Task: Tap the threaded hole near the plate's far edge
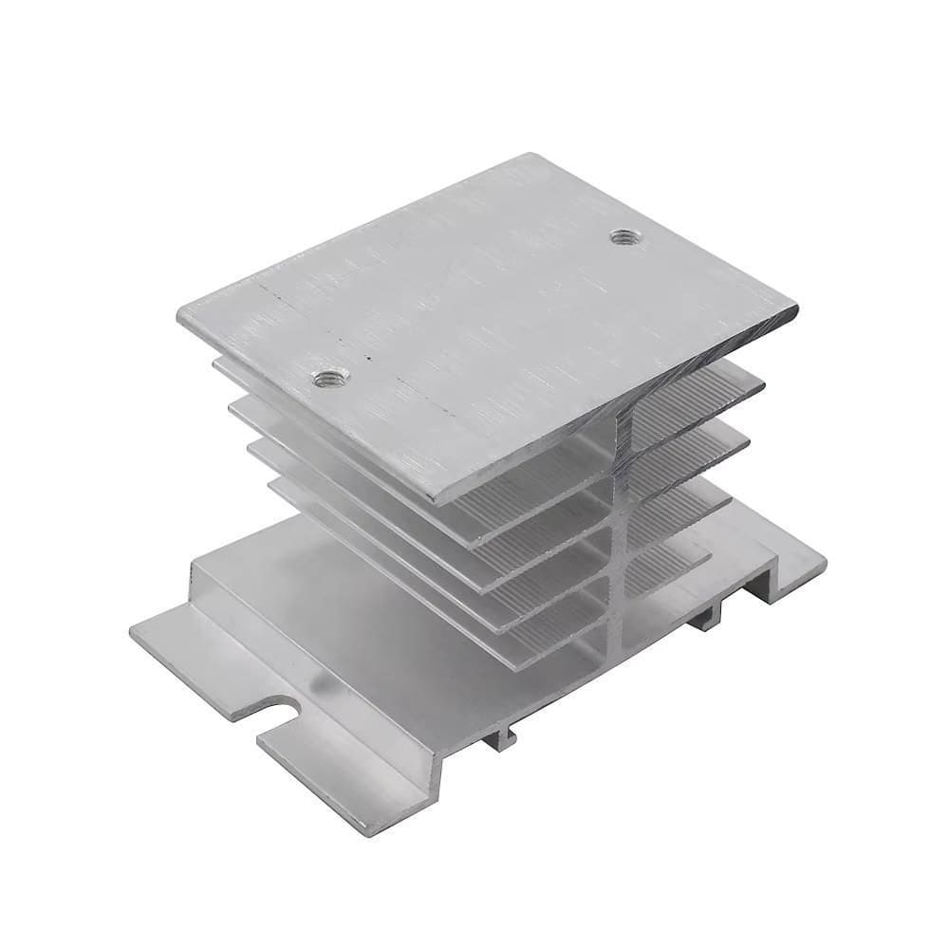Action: [623, 236]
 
